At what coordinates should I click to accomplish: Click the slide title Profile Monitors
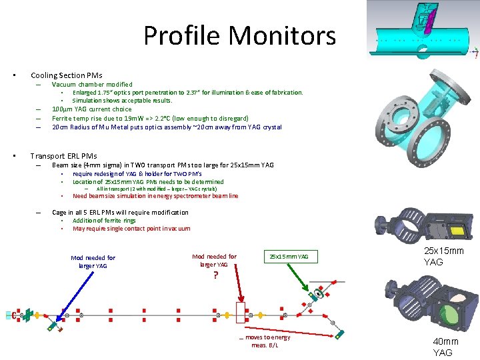coord(239,35)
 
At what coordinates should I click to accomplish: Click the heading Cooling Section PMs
coord(67,75)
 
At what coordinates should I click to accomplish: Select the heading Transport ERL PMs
coord(63,156)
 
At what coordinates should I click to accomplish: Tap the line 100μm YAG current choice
coord(92,109)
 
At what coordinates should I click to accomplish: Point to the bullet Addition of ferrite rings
coord(104,221)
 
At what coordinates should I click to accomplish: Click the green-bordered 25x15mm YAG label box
coord(289,256)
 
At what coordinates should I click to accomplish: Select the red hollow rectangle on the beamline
coord(241,313)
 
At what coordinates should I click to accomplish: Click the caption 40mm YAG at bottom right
coord(446,347)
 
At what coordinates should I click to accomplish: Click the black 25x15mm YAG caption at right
coord(444,256)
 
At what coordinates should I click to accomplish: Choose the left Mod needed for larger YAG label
coord(93,261)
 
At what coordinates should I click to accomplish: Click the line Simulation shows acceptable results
coord(122,101)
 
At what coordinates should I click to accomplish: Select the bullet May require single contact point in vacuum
coord(131,229)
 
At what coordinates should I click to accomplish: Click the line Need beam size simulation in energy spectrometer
coord(155,196)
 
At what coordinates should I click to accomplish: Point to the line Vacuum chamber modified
coord(92,85)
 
